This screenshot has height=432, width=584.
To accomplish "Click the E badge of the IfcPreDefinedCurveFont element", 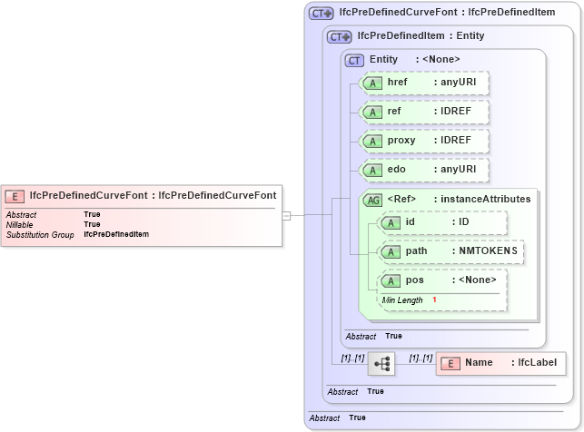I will click(x=15, y=195).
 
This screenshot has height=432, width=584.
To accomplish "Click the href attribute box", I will click(x=425, y=83).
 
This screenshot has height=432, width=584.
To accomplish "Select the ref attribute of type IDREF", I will click(x=425, y=112).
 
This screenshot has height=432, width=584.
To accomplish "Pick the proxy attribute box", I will click(x=425, y=141).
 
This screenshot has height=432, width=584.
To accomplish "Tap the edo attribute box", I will click(x=425, y=170).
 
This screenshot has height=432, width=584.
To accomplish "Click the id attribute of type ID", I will click(x=442, y=222).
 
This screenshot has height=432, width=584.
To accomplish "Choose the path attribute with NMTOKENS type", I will click(x=451, y=251).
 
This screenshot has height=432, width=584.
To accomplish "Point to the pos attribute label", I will click(x=414, y=280).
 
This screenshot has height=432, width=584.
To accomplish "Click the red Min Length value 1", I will click(x=434, y=299).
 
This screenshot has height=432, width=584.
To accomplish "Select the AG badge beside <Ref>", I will click(x=372, y=200).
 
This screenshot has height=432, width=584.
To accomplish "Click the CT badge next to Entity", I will click(x=354, y=60).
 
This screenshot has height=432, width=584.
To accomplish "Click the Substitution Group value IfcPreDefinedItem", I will click(x=116, y=234).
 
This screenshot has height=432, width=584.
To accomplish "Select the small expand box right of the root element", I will click(x=286, y=215).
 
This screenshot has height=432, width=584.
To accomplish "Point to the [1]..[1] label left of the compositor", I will click(x=352, y=358).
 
